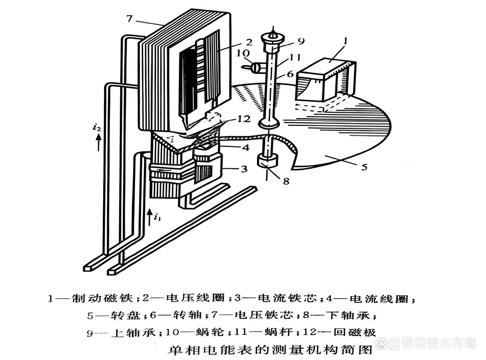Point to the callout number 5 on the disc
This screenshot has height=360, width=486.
click(364, 167)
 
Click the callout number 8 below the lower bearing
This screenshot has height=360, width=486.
click(287, 181)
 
